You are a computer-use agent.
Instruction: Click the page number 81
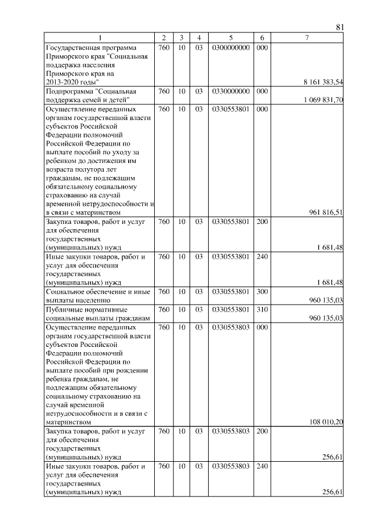(x=340, y=27)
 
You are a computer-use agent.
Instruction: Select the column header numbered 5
(x=231, y=38)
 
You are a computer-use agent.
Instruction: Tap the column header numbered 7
(x=307, y=38)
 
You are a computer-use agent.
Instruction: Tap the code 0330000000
(x=231, y=91)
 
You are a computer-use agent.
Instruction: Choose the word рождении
(x=133, y=370)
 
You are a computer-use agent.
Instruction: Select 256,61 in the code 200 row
(x=333, y=457)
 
